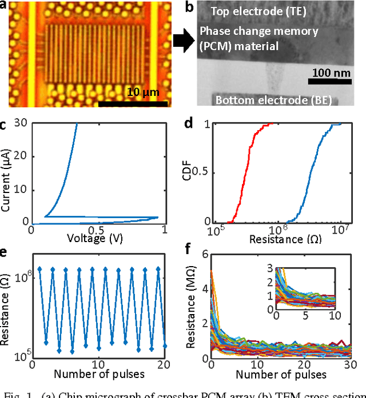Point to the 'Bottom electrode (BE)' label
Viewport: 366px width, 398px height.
point(274,101)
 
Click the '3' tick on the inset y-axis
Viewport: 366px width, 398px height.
point(270,267)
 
